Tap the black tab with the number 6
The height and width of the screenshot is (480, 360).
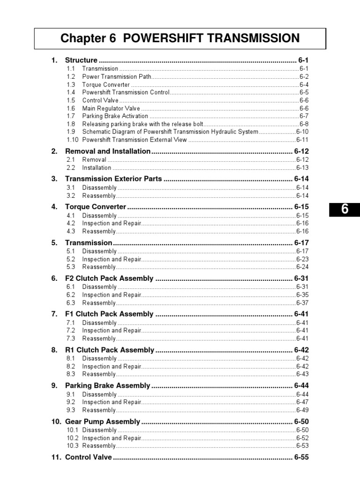[x=345, y=210]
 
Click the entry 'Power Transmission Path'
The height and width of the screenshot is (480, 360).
[x=117, y=76]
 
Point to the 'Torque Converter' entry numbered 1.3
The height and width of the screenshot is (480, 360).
[x=106, y=85]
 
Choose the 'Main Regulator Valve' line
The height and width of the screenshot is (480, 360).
[x=111, y=108]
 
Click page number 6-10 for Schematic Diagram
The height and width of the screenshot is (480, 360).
[x=302, y=132]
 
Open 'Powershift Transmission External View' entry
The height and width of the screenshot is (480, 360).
[x=135, y=140]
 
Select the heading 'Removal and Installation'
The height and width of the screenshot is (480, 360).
[x=107, y=151]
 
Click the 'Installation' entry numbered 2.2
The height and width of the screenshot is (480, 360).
[x=97, y=168]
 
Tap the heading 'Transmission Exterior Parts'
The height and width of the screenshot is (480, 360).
[x=113, y=179]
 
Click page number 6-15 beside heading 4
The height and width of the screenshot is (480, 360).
[x=301, y=207]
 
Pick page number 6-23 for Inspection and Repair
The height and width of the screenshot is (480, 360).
[x=302, y=259]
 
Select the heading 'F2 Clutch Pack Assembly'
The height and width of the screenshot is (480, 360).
[x=109, y=278]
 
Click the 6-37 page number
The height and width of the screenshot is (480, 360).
[x=302, y=303]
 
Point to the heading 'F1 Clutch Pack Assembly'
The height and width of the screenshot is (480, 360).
[x=109, y=314]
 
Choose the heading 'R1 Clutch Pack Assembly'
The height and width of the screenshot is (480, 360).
[x=109, y=350]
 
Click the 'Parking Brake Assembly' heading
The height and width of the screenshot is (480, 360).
[x=107, y=386]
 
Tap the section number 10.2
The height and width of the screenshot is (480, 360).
[x=72, y=438]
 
